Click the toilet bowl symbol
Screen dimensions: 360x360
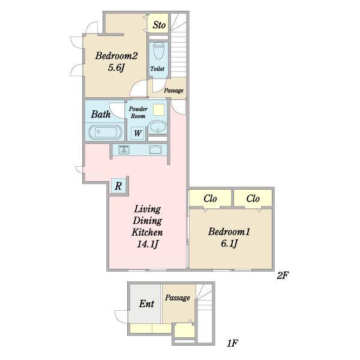tap(159, 50)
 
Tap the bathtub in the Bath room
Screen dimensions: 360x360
tap(106, 132)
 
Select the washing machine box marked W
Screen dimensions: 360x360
tap(137, 133)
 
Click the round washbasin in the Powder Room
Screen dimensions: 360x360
tap(157, 127)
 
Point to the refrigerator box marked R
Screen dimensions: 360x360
tap(118, 186)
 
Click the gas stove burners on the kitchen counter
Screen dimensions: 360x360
tap(124, 149)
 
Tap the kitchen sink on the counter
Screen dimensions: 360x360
tap(155, 149)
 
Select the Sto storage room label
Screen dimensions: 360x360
tap(159, 25)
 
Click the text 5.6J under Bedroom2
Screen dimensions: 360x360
tap(116, 67)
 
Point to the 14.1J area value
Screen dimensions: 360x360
tap(147, 244)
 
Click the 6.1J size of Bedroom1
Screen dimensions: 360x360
tap(229, 244)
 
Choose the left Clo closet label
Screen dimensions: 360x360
tap(210, 199)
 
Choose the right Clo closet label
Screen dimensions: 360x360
tap(253, 199)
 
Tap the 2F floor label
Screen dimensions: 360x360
tap(283, 275)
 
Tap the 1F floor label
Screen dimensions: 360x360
tap(232, 343)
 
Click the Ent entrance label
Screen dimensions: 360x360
tap(146, 304)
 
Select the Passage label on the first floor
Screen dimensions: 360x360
tap(178, 298)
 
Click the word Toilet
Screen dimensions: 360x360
tap(157, 68)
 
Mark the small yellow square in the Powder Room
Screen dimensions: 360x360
tap(158, 110)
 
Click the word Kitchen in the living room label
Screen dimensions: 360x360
tap(147, 232)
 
